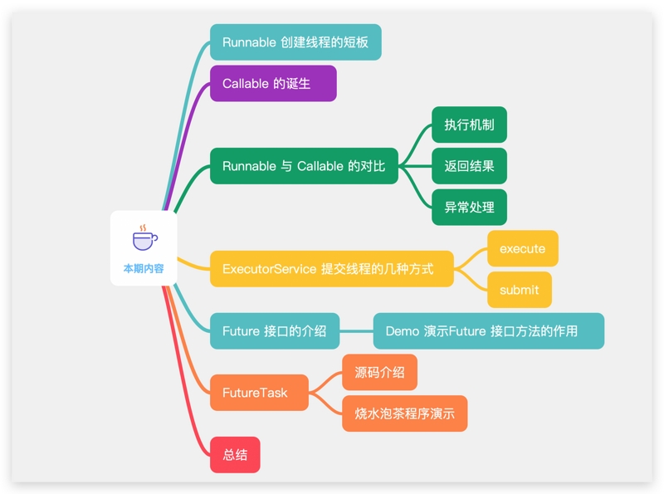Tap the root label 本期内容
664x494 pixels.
point(144,268)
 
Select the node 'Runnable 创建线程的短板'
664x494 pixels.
point(295,42)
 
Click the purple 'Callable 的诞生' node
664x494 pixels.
point(273,83)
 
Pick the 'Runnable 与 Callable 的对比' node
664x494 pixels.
point(304,166)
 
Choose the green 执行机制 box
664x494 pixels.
point(469,125)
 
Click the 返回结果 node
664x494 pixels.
point(469,166)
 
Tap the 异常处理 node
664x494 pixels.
point(469,207)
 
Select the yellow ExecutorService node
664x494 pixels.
point(332,269)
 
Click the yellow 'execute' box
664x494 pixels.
point(522,248)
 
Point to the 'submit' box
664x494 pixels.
point(519,290)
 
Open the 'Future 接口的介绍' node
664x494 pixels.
point(275,330)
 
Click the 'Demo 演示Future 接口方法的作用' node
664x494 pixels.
point(488,330)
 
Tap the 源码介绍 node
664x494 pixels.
point(379,372)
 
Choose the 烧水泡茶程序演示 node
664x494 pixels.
point(404,413)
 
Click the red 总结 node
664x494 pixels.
point(235,454)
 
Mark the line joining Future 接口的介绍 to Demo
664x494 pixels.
point(356,330)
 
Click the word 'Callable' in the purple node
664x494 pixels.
point(245,83)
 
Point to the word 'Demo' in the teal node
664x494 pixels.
point(402,330)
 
